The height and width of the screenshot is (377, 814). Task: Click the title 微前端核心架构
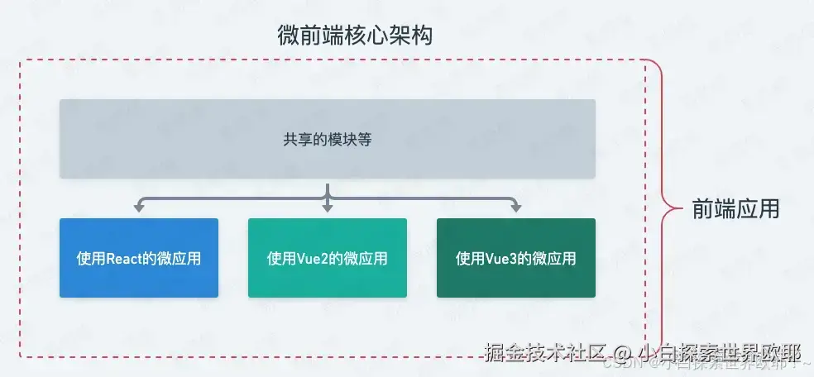tap(355, 36)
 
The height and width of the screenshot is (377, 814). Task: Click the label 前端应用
tap(735, 209)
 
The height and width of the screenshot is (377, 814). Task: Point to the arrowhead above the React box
tap(139, 207)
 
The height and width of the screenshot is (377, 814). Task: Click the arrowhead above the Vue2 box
tap(327, 207)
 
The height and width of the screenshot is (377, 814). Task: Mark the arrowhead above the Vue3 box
tap(515, 207)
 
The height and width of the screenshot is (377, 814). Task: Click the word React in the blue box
tap(124, 258)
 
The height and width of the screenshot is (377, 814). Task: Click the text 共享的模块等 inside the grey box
tap(327, 139)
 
